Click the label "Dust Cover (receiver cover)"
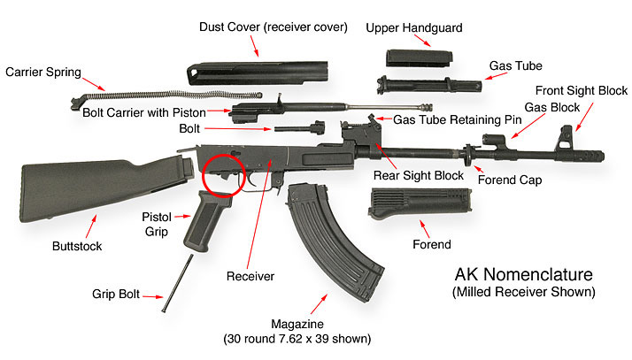(x=274, y=27)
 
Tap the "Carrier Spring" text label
(x=43, y=72)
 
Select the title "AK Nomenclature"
(x=524, y=274)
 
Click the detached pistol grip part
(x=204, y=220)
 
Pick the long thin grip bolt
(x=177, y=283)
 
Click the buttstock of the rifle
(x=101, y=188)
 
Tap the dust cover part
(x=258, y=73)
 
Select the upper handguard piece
(x=419, y=58)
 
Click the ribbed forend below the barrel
(x=420, y=203)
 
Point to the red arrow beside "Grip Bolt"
(x=153, y=297)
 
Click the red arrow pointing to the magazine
(x=319, y=304)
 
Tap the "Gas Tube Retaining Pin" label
(x=457, y=119)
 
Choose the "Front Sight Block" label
(x=582, y=90)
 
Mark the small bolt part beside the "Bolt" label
(x=299, y=127)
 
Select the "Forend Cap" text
(x=510, y=180)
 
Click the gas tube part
(x=428, y=85)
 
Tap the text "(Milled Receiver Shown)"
(x=524, y=292)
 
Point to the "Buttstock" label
(x=77, y=246)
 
